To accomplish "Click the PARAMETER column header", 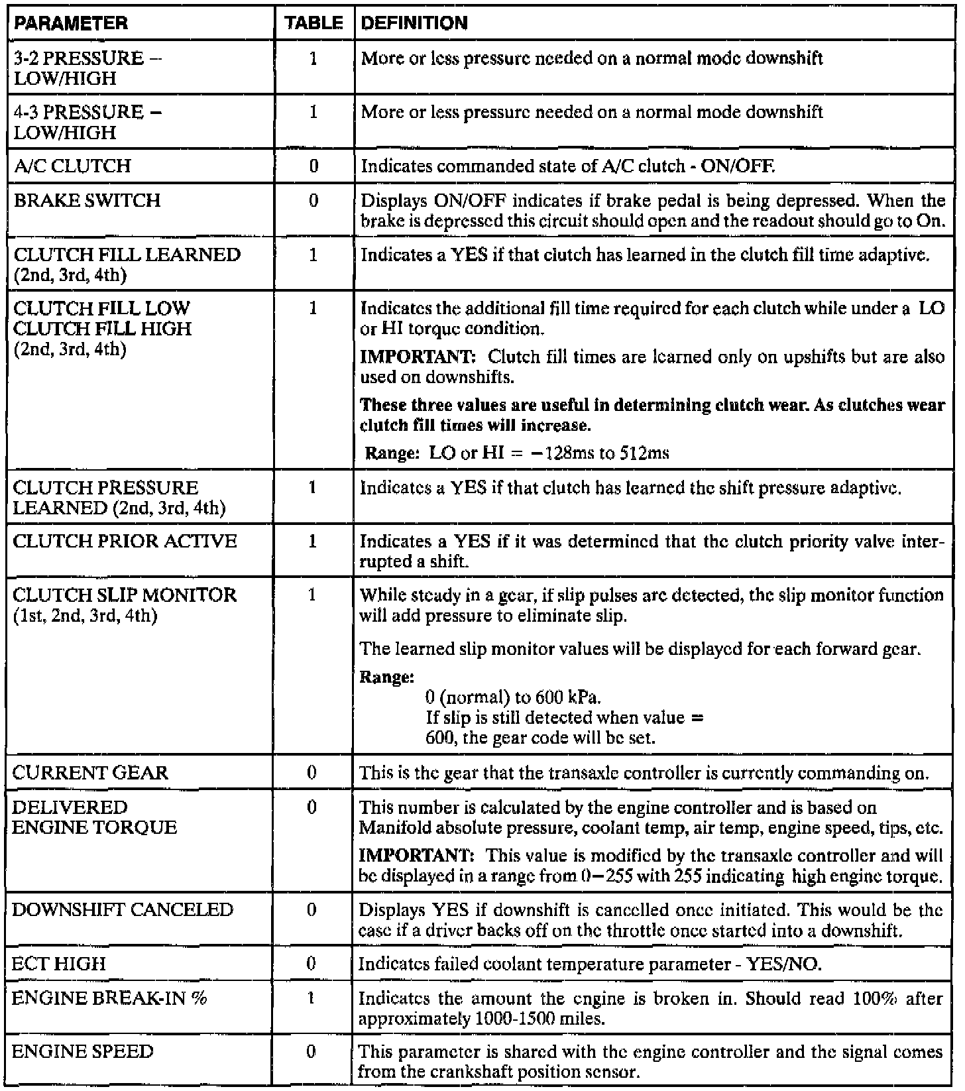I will point(70,24).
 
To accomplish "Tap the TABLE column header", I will point(314,24).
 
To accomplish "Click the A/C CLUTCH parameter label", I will point(72,166).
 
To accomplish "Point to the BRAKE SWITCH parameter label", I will point(86,200).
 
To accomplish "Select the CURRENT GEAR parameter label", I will point(90,773).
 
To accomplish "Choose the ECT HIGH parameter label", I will point(59,964).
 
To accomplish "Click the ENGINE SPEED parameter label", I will point(83,1051).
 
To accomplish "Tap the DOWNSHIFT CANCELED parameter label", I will point(123,909).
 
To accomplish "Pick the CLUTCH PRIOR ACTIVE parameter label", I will point(125,542).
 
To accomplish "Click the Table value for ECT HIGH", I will point(312,964).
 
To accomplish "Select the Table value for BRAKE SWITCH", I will point(313,200).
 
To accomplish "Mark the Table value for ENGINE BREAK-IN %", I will point(312,998).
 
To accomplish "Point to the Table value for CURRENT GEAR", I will point(312,773).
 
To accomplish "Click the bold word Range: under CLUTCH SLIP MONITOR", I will point(386,677).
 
